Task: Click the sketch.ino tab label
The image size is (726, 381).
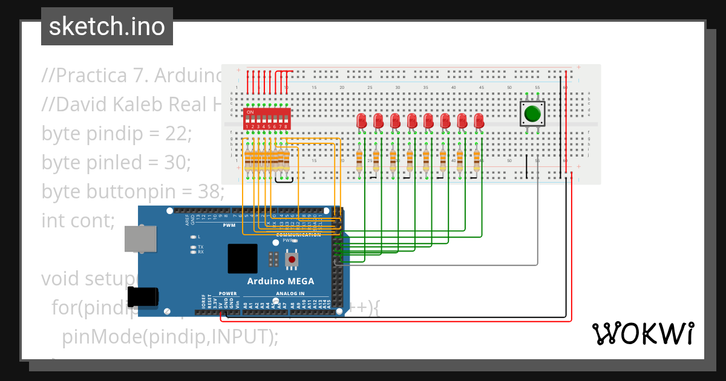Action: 106,27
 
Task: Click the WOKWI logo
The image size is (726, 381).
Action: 643,334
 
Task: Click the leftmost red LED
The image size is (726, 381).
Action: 362,120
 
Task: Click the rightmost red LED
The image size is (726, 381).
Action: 479,120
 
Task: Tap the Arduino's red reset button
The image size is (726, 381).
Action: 292,259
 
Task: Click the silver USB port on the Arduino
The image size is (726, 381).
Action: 139,239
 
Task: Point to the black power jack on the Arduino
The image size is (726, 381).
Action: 144,296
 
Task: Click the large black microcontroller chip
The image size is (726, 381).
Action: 242,259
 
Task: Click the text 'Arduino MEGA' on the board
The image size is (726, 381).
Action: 280,281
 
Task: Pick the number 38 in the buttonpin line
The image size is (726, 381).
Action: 209,191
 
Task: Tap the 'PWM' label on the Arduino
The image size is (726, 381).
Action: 229,225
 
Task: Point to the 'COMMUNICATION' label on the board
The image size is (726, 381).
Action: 298,235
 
